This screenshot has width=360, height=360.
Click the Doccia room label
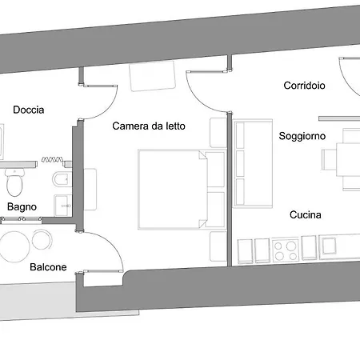coord(29,110)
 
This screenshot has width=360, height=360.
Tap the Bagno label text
coord(22,207)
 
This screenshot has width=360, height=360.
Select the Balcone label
coord(48,267)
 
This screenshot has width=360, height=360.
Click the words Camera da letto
coord(149,126)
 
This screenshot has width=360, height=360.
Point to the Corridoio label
coord(304,86)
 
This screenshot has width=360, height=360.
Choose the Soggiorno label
coord(302,136)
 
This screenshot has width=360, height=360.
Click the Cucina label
coord(306,214)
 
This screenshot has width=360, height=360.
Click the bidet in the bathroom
coord(62,179)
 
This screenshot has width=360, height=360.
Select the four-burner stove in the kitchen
coord(286,250)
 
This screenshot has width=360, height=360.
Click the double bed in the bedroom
coord(182,190)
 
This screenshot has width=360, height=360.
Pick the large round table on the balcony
coord(14,246)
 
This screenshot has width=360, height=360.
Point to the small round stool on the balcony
coord(42,239)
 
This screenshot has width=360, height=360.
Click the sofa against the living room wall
coord(253,163)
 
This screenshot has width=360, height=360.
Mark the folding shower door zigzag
coord(52,159)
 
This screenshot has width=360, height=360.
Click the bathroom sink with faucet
coord(63,206)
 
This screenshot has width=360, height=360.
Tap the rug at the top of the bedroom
coord(152,76)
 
